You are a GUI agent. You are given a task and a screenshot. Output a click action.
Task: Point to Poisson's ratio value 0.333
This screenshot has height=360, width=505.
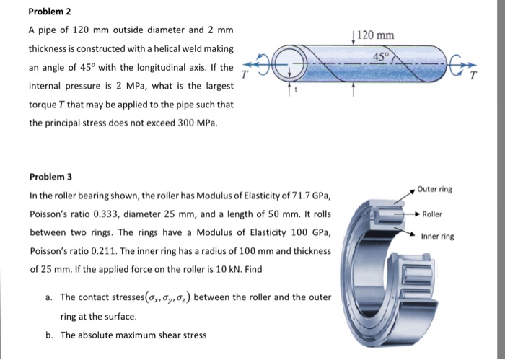101,214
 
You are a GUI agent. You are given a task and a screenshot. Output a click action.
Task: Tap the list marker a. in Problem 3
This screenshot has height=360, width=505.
48,297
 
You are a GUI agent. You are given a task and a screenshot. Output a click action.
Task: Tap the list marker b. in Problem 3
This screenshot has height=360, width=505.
48,335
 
